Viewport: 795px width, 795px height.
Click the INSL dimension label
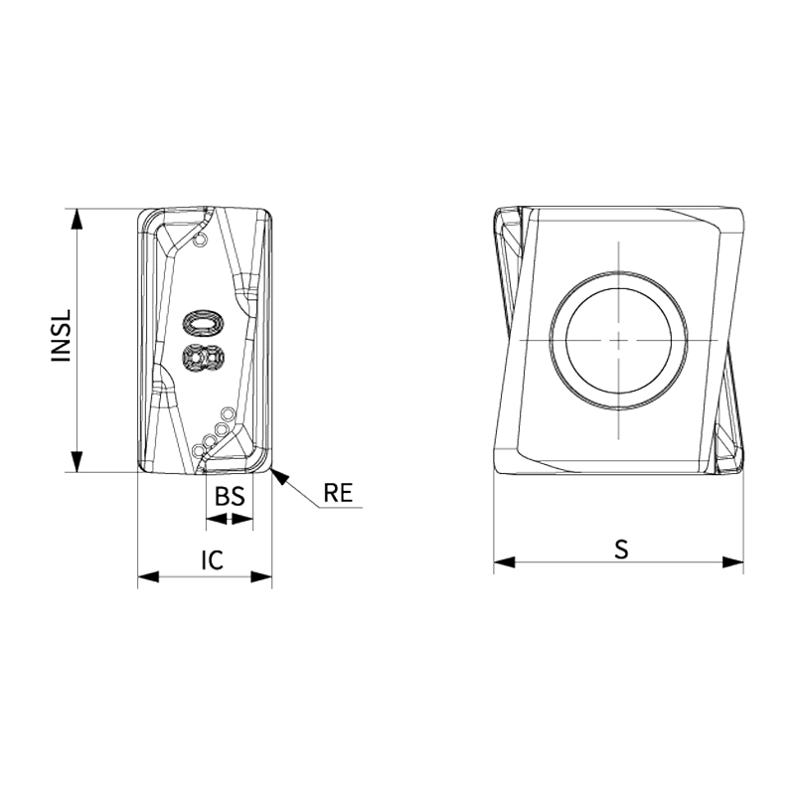pyautogui.click(x=62, y=336)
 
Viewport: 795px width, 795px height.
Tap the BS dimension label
pyautogui.click(x=230, y=496)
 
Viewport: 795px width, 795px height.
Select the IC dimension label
pyautogui.click(x=212, y=559)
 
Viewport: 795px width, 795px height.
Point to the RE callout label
pyautogui.click(x=338, y=492)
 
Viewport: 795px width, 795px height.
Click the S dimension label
pyautogui.click(x=621, y=550)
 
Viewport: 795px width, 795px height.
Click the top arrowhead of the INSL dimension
pyautogui.click(x=77, y=219)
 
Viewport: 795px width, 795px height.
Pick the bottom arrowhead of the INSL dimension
pyautogui.click(x=77, y=461)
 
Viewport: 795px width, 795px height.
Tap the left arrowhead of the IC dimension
pyautogui.click(x=148, y=576)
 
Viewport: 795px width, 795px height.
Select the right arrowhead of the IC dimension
pyautogui.click(x=261, y=576)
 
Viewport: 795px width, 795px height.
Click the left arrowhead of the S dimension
pyautogui.click(x=505, y=561)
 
